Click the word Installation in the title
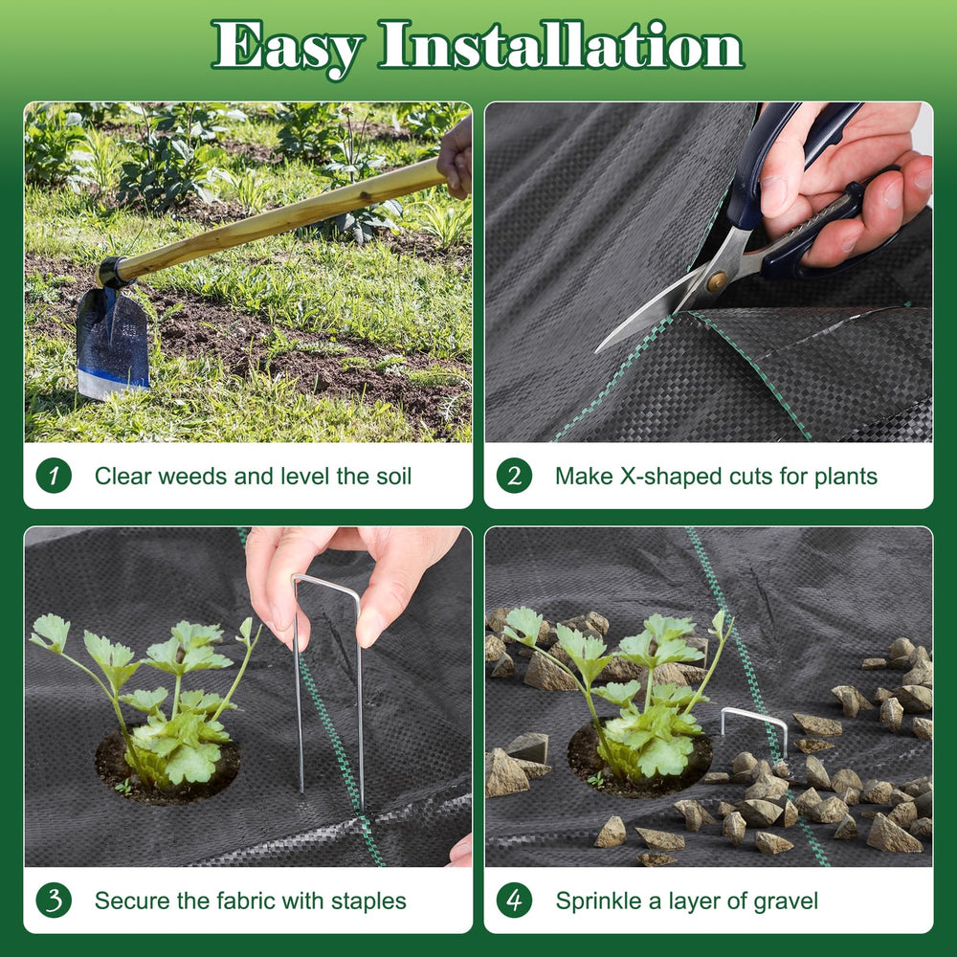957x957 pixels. coord(561,44)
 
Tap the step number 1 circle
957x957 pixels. coord(54,476)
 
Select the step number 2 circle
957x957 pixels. coord(514,476)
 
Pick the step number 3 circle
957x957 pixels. coord(54,901)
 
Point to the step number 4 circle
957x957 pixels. coord(514,901)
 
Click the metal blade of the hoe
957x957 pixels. coord(112,343)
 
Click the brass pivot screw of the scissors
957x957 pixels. coord(716,281)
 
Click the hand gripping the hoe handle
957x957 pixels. coord(456,158)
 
